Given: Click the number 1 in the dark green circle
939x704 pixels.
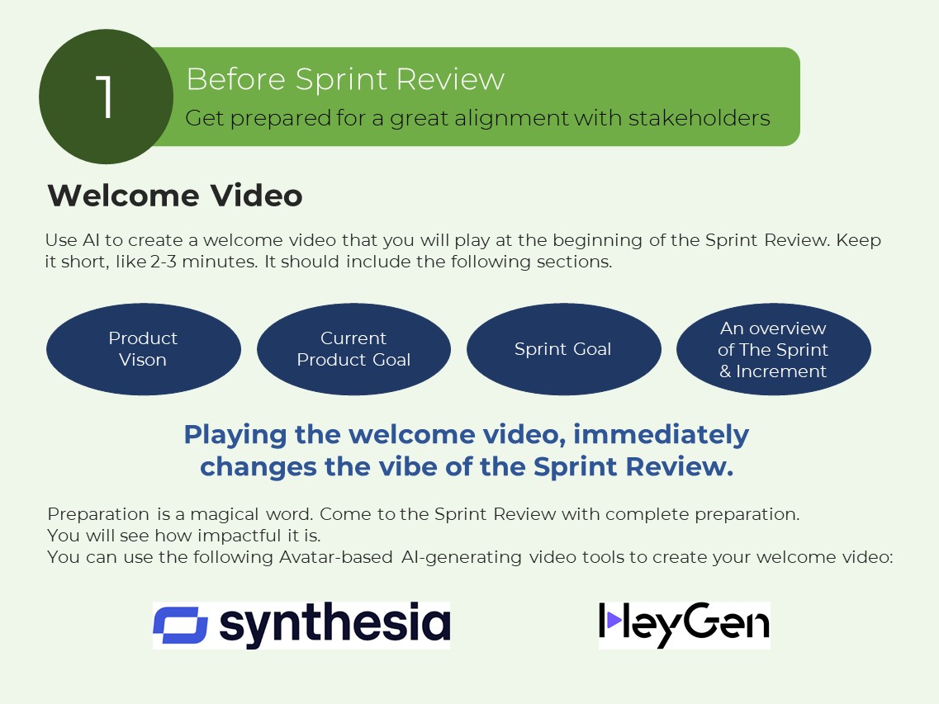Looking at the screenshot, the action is (x=105, y=97).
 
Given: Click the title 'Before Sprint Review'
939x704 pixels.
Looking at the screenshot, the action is (x=345, y=79).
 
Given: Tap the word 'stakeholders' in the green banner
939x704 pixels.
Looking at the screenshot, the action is (x=699, y=118).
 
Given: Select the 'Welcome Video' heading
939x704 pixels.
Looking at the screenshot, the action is (x=175, y=195).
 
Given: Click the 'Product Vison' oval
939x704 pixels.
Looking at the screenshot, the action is (x=144, y=349).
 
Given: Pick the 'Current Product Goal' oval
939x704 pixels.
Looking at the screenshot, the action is (x=354, y=349).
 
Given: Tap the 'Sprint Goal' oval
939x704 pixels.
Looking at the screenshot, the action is (x=563, y=349).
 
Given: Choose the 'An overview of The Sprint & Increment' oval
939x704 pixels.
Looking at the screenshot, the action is (x=774, y=349).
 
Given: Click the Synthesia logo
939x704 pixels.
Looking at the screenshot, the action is (x=301, y=625).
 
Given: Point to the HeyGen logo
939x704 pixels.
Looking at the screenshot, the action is (x=685, y=625).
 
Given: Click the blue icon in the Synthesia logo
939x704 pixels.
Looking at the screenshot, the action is (x=180, y=625).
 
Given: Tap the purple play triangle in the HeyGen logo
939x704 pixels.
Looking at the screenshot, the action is (x=614, y=620).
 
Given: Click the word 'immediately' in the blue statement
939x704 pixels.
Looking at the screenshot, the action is (x=662, y=435).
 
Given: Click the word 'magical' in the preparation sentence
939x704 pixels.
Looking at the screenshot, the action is (x=225, y=515).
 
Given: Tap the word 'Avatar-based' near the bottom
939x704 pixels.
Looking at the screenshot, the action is (x=336, y=557).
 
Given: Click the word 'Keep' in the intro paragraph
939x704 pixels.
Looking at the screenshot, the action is (x=859, y=241).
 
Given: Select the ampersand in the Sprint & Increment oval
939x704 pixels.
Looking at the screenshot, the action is (x=725, y=371).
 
